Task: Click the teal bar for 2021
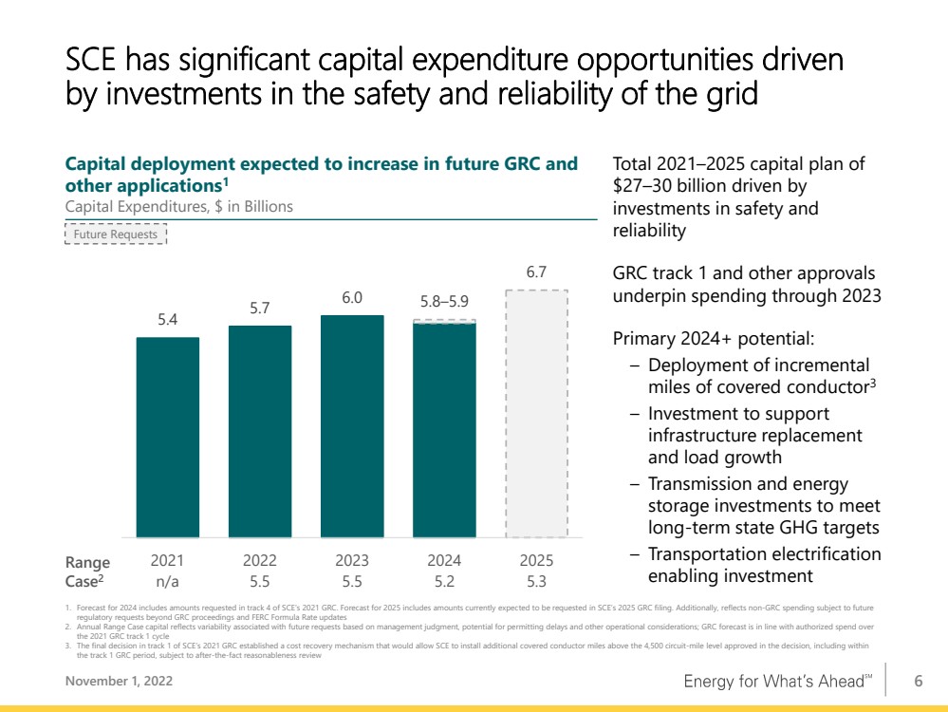click(x=167, y=437)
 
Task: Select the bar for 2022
click(x=260, y=431)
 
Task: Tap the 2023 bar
click(x=352, y=426)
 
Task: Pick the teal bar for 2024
click(x=444, y=430)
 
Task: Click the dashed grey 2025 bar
click(x=537, y=414)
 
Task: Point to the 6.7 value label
click(x=536, y=272)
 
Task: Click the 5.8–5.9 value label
click(x=444, y=301)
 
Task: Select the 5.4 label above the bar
click(x=167, y=319)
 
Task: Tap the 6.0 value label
click(x=352, y=298)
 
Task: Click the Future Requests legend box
click(x=116, y=234)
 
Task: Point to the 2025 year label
click(x=536, y=561)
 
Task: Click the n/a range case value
click(x=167, y=582)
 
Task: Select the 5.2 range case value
click(x=444, y=582)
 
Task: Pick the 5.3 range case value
click(x=536, y=582)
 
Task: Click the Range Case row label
click(x=87, y=571)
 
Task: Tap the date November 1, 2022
click(x=120, y=682)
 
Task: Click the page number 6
click(x=919, y=682)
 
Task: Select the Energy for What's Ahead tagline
click(x=778, y=682)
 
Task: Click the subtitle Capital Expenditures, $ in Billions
click(x=179, y=207)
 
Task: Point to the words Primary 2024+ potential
click(x=714, y=339)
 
